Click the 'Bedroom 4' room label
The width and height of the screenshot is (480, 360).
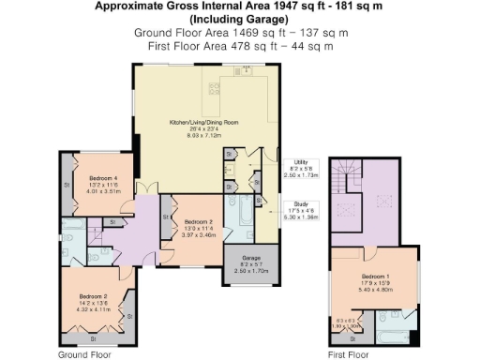pyautogui.click(x=103, y=178)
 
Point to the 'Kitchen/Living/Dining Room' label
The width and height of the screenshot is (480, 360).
pyautogui.click(x=203, y=123)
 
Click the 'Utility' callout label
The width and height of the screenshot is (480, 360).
pyautogui.click(x=301, y=164)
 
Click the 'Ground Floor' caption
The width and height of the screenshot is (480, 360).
pyautogui.click(x=85, y=355)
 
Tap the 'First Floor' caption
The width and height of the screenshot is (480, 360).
pyautogui.click(x=346, y=355)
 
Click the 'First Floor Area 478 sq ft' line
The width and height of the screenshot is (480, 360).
pyautogui.click(x=239, y=45)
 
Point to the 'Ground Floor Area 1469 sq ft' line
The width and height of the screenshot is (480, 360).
pyautogui.click(x=239, y=32)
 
